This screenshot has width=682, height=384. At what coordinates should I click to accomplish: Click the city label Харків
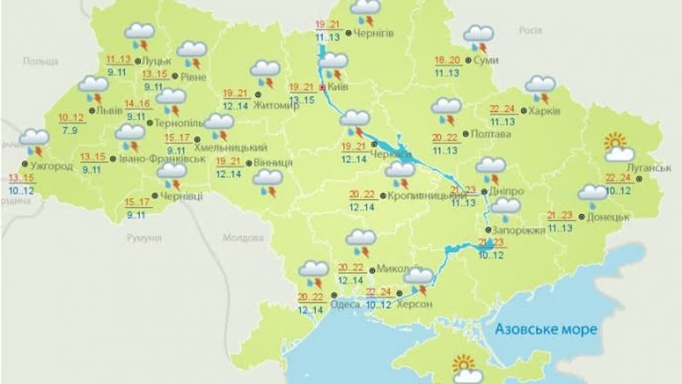tap(545, 110)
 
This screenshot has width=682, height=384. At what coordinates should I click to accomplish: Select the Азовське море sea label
tap(546, 329)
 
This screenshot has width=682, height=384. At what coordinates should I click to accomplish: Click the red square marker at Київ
tap(322, 87)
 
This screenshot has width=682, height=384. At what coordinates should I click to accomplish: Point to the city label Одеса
tap(345, 304)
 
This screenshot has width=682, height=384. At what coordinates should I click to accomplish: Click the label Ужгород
tap(51, 167)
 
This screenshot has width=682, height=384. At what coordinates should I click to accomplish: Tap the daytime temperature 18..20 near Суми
tap(449, 60)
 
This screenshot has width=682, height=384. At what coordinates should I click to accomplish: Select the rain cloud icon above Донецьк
tap(592, 195)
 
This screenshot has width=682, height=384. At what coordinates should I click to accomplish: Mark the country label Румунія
tap(143, 238)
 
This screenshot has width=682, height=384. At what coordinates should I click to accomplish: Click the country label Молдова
tap(243, 238)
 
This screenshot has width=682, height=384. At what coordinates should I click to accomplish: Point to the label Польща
tap(40, 61)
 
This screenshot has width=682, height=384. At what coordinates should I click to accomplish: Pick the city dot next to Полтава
tap(466, 134)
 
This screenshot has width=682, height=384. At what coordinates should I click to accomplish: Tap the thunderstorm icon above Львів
tap(94, 89)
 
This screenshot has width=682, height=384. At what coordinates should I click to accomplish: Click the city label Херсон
tap(414, 304)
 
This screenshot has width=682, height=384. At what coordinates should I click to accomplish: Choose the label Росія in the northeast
tap(530, 30)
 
